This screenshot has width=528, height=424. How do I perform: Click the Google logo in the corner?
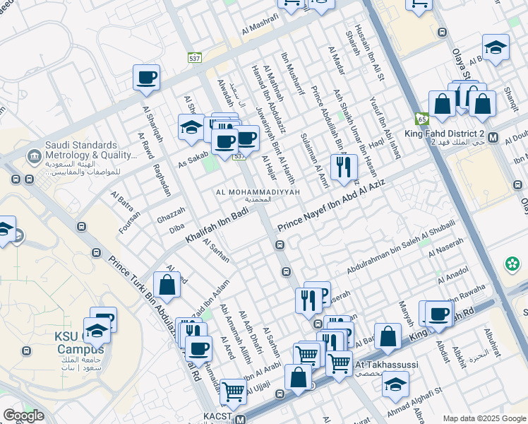click(23, 416)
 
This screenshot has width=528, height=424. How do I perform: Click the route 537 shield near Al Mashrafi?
click(195, 58)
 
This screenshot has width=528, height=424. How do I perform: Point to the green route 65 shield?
click(422, 119)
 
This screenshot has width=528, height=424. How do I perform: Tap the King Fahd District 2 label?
click(445, 134)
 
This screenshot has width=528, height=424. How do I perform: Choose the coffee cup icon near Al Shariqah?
click(146, 78)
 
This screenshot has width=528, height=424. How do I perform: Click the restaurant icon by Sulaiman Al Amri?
click(344, 167)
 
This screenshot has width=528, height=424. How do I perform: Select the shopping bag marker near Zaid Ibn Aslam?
click(167, 285)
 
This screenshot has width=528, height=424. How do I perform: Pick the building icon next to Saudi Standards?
click(32, 155)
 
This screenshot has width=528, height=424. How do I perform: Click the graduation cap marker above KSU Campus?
click(97, 330)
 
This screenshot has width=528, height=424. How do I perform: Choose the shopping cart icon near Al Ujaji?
click(233, 391)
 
